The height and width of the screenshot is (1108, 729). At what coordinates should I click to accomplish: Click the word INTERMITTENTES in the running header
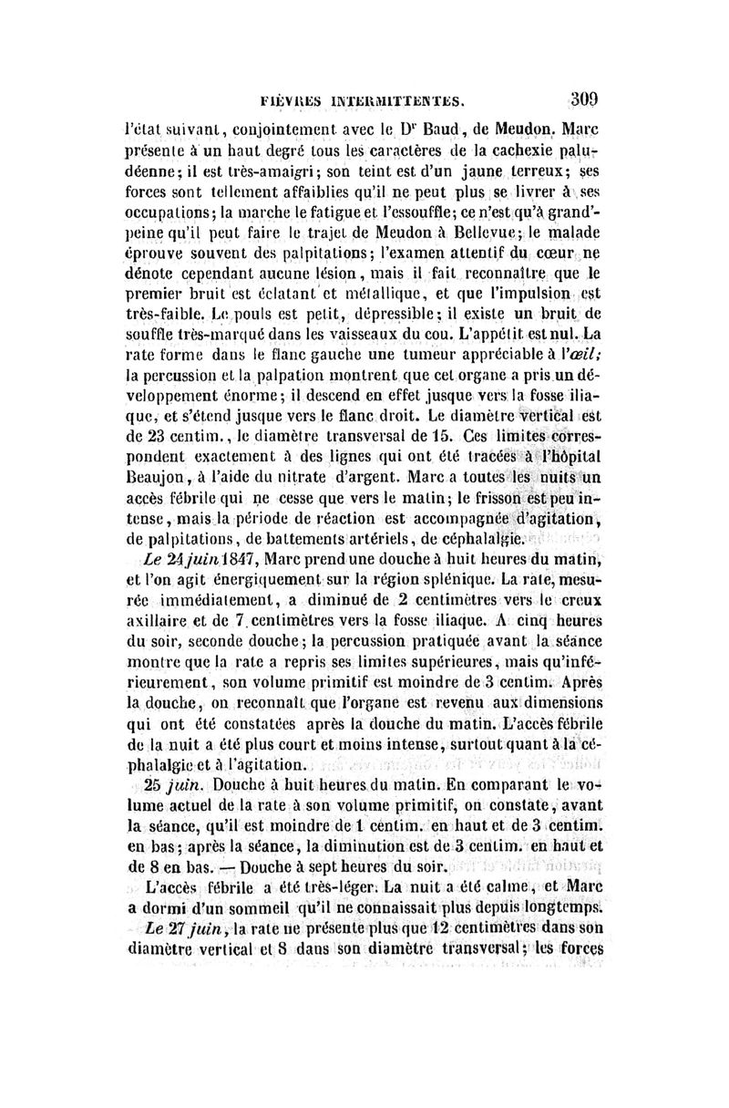[x=391, y=103]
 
